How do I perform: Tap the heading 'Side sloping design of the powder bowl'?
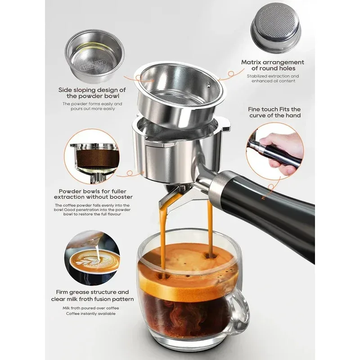click(x=92, y=93)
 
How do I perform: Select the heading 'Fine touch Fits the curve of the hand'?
click(x=274, y=112)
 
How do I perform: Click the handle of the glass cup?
click(x=239, y=310)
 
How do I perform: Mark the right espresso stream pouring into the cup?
click(x=208, y=225)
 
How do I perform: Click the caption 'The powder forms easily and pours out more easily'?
click(x=92, y=106)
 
